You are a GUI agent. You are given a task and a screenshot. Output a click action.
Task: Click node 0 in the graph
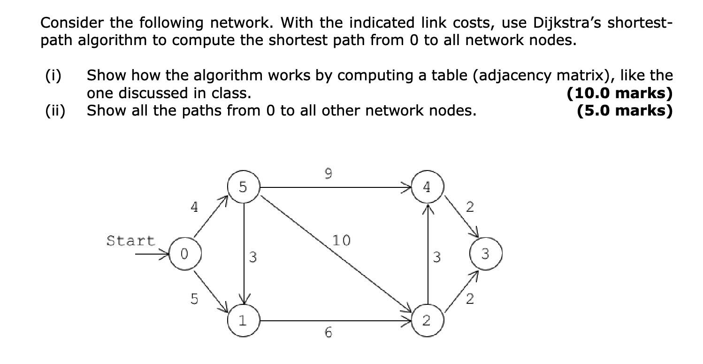point(185,254)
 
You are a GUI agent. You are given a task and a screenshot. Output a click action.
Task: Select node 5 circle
point(243,187)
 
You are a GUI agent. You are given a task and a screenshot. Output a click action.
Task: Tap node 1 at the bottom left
point(243,321)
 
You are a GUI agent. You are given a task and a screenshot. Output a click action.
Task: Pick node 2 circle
point(426,321)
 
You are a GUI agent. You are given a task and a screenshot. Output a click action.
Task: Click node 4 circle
point(426,187)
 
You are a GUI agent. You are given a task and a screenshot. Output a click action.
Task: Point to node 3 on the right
point(486,254)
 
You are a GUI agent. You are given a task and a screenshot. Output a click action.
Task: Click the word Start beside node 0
point(130,241)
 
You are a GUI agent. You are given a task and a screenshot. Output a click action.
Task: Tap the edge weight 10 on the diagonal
point(341,241)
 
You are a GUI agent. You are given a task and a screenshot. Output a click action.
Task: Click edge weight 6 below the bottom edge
point(328,333)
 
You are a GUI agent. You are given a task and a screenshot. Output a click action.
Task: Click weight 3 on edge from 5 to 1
point(253,257)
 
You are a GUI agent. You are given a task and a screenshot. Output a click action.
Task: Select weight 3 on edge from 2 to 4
point(437,257)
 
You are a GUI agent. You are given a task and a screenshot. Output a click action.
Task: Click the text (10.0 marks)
point(619,93)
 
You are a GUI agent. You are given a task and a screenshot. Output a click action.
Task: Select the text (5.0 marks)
point(624,111)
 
